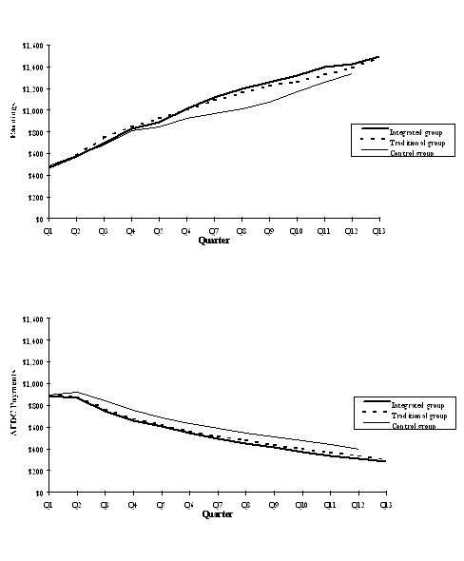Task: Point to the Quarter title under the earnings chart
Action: [x=213, y=241]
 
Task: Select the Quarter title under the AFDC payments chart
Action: [x=213, y=514]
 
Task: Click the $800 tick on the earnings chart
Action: [x=35, y=132]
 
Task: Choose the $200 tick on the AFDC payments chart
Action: [x=35, y=471]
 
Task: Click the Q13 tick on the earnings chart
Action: [x=378, y=230]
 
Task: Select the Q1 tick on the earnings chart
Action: [x=48, y=230]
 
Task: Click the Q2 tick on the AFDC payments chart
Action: [x=76, y=504]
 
